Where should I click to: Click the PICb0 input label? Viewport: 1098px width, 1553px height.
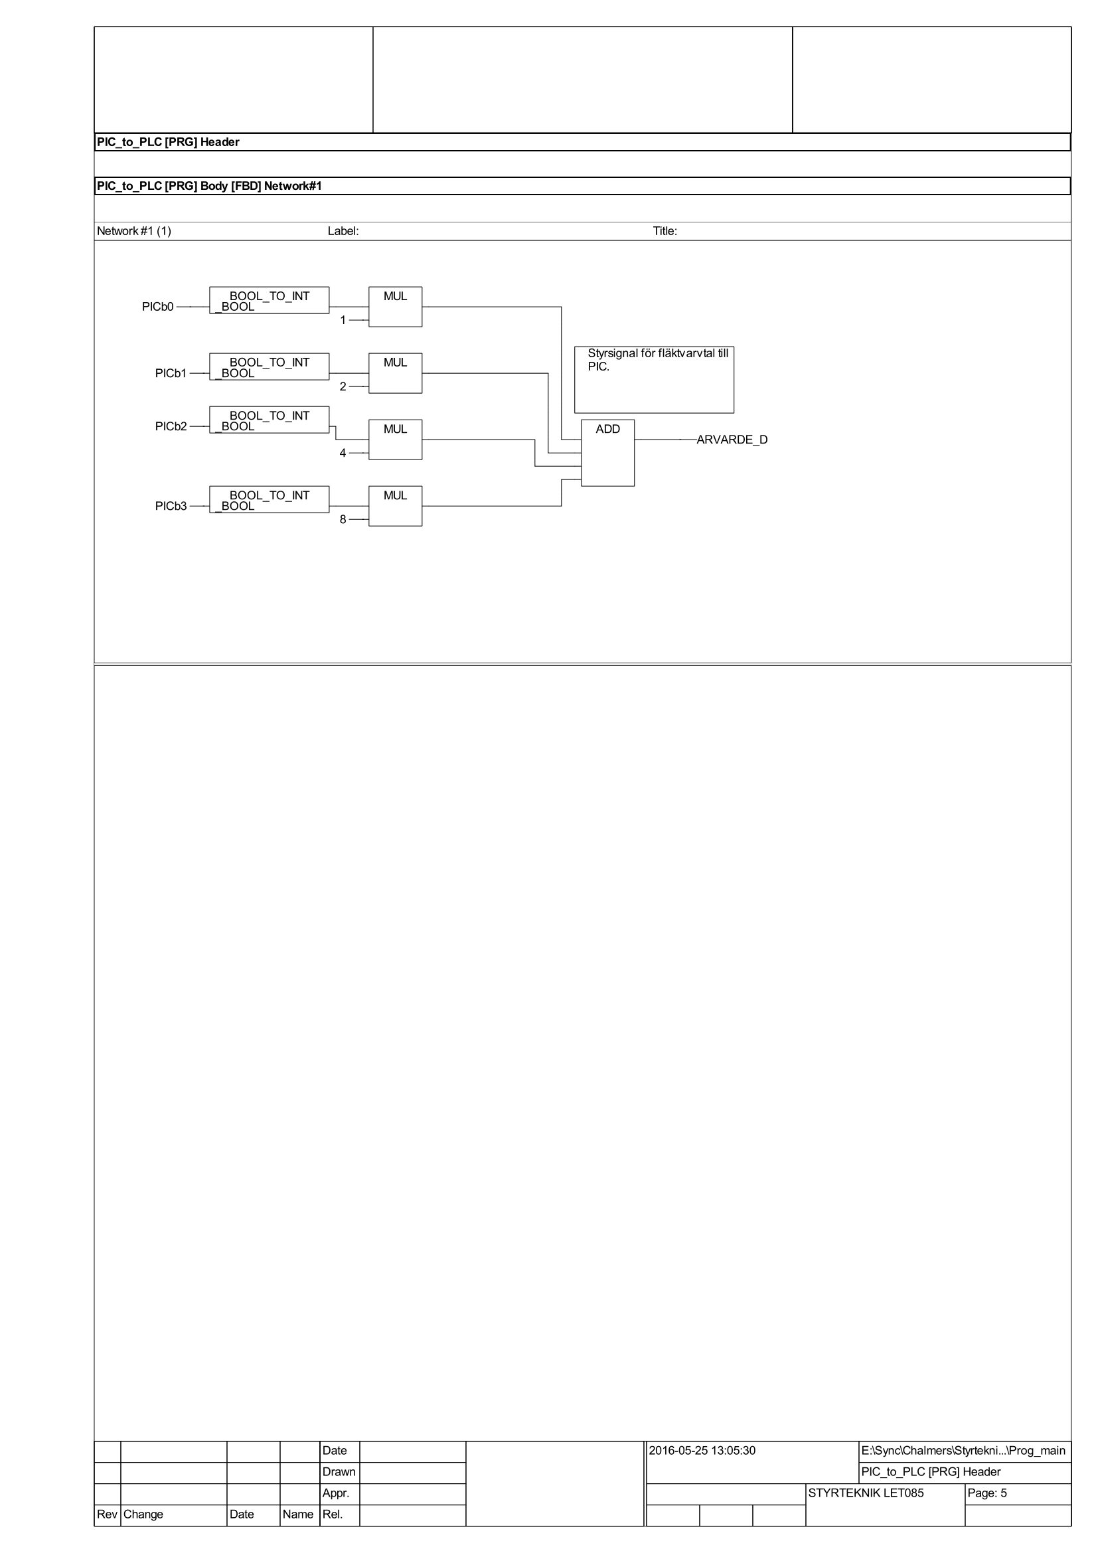157,307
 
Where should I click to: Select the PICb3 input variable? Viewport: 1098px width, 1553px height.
171,507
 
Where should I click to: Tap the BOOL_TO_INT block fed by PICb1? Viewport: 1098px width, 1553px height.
269,367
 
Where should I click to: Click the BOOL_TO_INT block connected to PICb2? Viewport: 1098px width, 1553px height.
269,420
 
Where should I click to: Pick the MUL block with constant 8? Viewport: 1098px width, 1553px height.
395,506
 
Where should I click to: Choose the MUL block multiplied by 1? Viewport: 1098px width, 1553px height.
395,307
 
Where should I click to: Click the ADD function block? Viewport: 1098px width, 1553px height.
607,453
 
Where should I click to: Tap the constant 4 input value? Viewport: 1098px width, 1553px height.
343,453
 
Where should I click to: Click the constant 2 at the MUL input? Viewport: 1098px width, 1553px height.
343,387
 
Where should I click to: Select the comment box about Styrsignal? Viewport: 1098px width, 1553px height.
654,380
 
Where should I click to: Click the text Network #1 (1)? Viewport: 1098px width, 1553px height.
134,231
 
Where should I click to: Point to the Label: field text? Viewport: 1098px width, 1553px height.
343,231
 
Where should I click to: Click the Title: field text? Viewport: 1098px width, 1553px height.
665,231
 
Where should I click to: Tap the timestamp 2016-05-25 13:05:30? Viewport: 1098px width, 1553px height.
702,1450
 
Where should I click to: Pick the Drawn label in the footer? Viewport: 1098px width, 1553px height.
339,1472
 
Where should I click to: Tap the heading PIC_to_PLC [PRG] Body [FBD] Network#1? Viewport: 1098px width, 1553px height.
210,186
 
